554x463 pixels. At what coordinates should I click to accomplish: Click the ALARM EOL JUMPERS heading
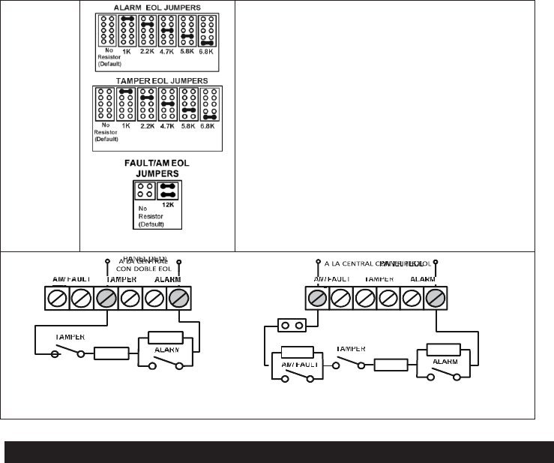click(157, 8)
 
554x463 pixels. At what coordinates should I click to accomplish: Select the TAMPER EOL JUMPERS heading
click(157, 80)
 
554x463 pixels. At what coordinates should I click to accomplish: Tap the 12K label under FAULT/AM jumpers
click(167, 203)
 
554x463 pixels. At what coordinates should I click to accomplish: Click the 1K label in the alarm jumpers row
click(128, 51)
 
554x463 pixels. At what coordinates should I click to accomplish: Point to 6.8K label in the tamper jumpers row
click(209, 125)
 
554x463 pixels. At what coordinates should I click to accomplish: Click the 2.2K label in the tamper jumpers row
click(148, 125)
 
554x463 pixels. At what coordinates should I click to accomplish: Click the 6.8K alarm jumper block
click(208, 31)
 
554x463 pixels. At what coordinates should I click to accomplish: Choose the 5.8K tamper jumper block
click(188, 106)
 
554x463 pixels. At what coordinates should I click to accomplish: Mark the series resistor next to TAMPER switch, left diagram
click(111, 353)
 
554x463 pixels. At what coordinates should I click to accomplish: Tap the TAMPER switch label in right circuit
click(351, 349)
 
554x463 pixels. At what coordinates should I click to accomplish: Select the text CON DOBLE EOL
click(142, 270)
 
